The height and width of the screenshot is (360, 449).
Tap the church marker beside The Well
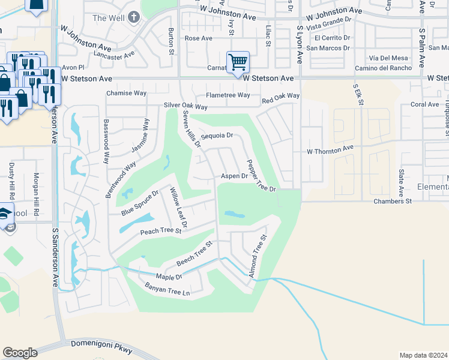tap(134, 17)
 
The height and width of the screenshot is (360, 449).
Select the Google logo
tap(20, 353)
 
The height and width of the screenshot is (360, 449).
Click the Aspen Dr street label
tap(234, 176)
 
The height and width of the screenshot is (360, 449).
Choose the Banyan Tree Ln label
tap(167, 290)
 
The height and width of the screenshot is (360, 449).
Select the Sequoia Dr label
tap(216, 136)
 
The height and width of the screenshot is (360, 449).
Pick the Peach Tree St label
tap(161, 231)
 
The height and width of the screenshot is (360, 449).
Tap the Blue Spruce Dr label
tap(139, 203)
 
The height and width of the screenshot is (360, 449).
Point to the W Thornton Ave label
tap(330, 149)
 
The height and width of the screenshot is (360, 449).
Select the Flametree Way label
tap(228, 95)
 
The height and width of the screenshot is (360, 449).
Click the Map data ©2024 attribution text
tap(423, 355)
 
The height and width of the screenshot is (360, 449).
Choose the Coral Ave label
tap(425, 104)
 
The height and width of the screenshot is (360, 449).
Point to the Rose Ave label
tap(199, 38)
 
